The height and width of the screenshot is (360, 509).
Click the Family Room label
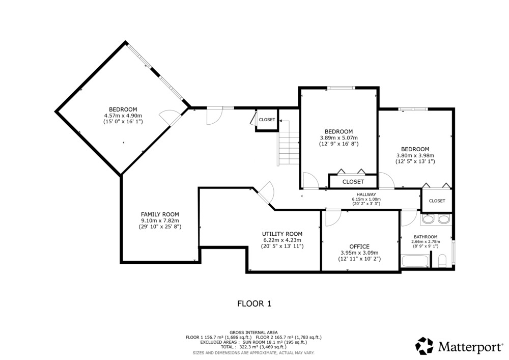(x=160, y=214)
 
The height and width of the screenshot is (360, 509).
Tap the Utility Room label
(x=282, y=234)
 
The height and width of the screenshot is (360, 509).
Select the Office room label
(x=359, y=246)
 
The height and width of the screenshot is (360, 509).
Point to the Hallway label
(x=366, y=195)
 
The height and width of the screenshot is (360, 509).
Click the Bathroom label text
(x=426, y=237)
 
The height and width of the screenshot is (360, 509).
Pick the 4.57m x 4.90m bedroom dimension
(x=123, y=116)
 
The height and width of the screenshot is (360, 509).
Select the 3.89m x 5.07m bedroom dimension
(x=339, y=137)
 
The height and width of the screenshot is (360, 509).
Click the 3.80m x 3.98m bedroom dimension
(x=415, y=155)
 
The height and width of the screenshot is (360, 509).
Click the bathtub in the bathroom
(x=415, y=261)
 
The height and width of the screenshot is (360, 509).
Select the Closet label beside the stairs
(x=267, y=120)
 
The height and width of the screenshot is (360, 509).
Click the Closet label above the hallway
(x=353, y=182)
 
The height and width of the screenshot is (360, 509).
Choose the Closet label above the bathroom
(x=437, y=201)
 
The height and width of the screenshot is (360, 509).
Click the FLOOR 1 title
(x=254, y=304)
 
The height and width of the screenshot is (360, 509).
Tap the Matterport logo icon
(x=425, y=346)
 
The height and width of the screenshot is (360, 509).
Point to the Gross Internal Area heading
(x=253, y=333)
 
